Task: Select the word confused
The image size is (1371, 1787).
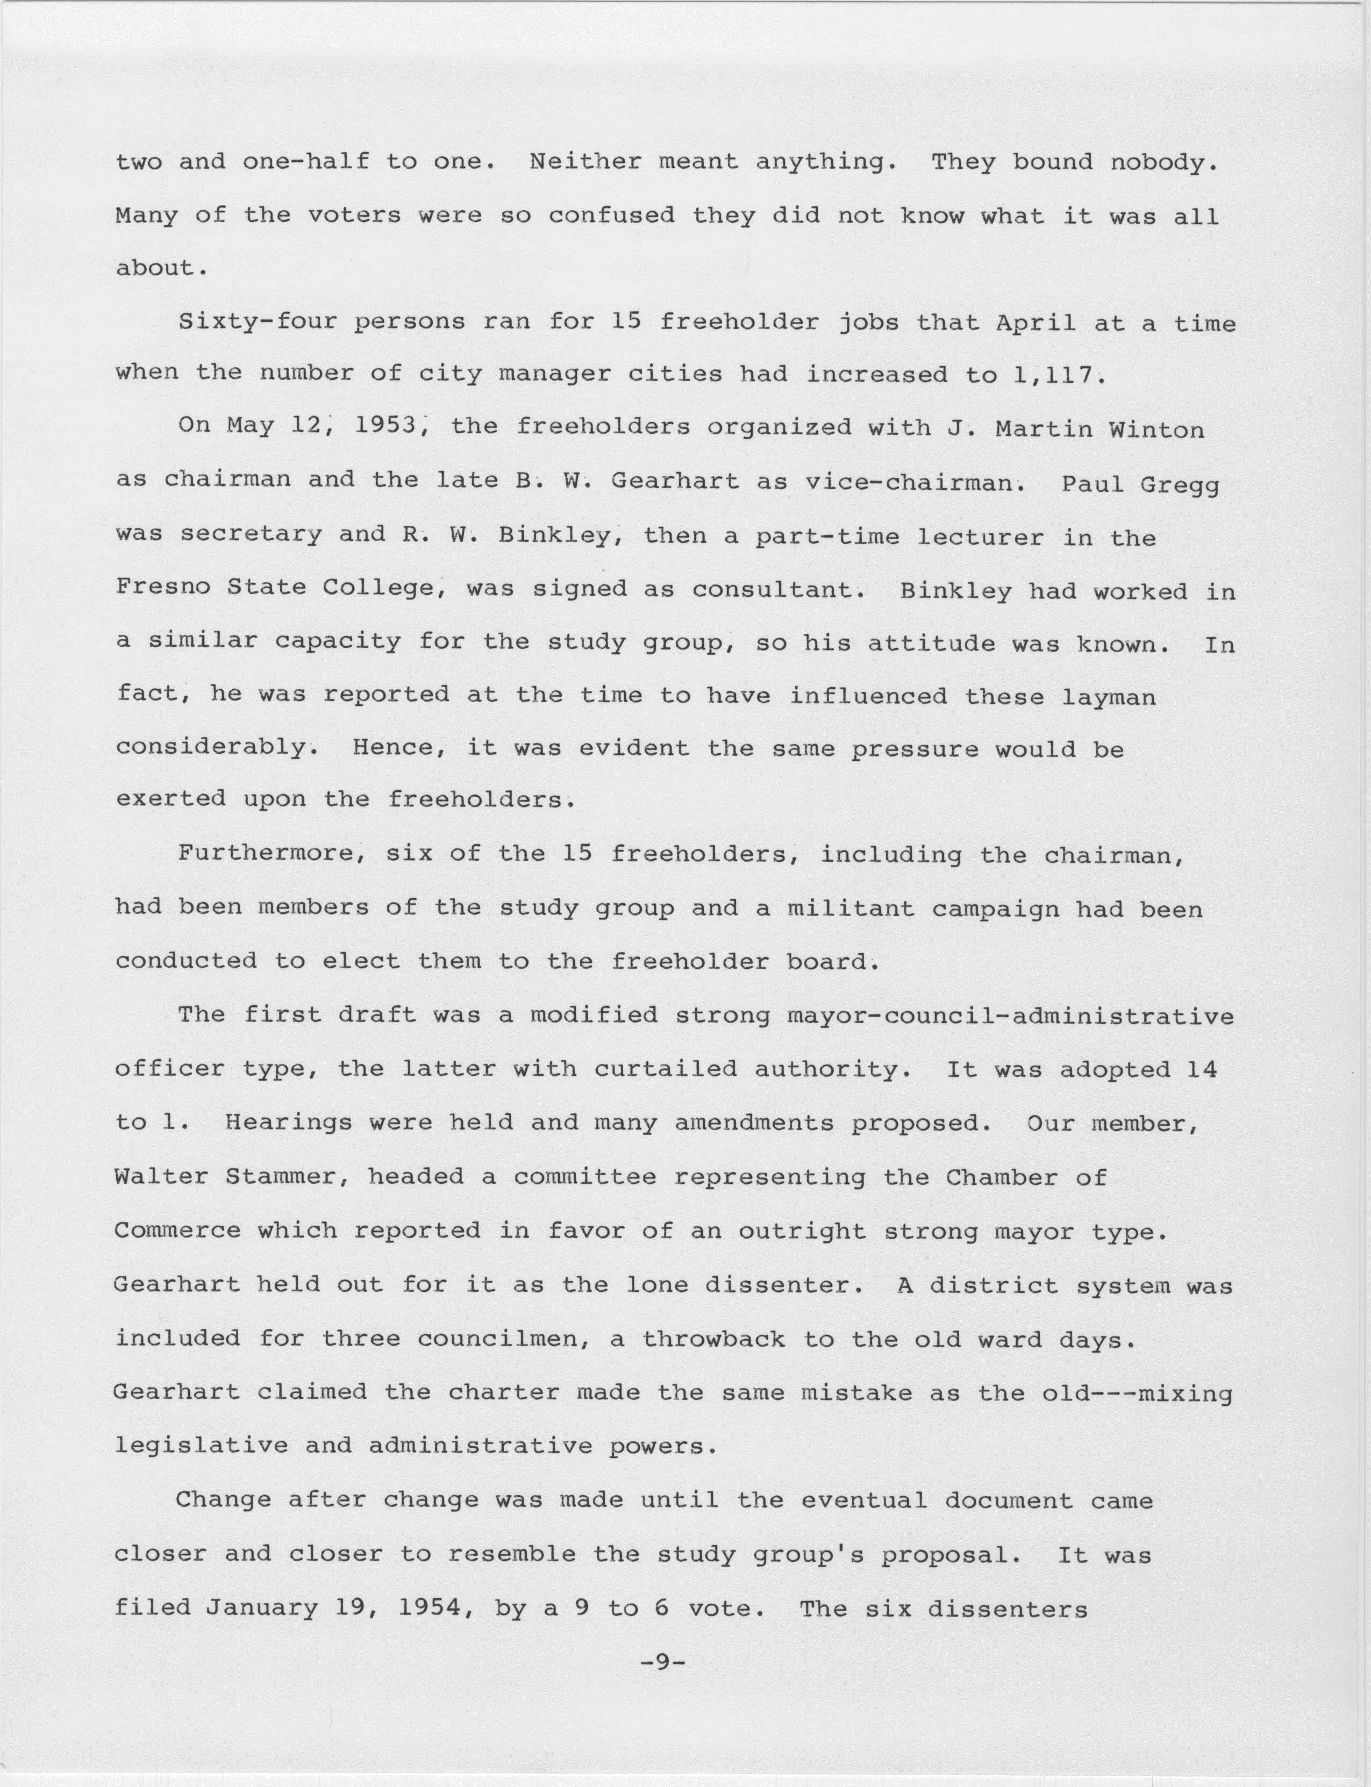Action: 611,216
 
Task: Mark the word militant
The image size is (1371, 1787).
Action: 851,907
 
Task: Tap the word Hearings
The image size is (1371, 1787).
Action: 288,1123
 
